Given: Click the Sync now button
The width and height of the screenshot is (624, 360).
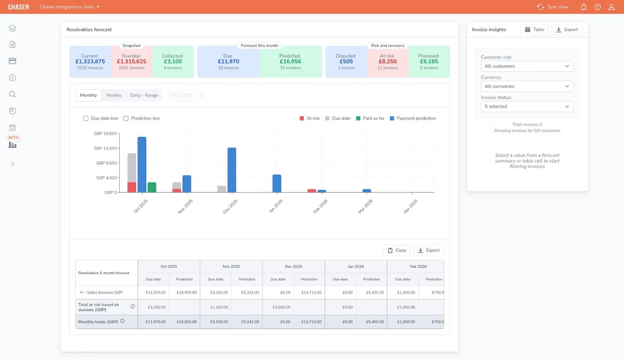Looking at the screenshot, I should [553, 7].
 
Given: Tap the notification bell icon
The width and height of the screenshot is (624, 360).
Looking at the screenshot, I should [583, 7].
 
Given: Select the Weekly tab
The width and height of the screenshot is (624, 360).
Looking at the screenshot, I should [113, 95].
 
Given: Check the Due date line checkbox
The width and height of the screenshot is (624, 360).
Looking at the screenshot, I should [86, 118].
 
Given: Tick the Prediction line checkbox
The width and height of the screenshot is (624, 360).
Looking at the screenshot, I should [126, 118].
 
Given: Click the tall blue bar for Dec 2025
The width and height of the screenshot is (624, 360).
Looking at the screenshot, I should [232, 170].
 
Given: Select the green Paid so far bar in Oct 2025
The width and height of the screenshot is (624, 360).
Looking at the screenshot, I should [152, 187].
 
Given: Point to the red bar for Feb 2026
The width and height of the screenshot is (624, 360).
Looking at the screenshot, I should [312, 191].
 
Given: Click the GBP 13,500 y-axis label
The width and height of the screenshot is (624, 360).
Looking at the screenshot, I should [105, 148].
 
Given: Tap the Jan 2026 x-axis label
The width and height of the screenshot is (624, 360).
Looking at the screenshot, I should [276, 206].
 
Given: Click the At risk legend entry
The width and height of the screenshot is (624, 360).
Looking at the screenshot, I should [310, 118].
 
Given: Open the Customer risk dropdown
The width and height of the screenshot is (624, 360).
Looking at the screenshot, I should [527, 66].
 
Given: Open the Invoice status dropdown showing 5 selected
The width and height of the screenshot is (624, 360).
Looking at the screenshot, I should [527, 106].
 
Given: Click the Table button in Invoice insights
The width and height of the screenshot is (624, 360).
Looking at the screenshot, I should [534, 30].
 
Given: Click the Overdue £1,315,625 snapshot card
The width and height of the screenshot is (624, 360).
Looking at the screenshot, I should [131, 62].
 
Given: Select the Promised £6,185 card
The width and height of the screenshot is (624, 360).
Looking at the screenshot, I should [429, 62].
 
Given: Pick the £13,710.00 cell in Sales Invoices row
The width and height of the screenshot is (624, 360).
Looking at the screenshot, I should [311, 293].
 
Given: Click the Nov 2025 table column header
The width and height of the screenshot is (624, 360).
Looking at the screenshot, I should [231, 266].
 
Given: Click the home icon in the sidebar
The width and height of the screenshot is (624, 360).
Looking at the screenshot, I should [12, 28].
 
